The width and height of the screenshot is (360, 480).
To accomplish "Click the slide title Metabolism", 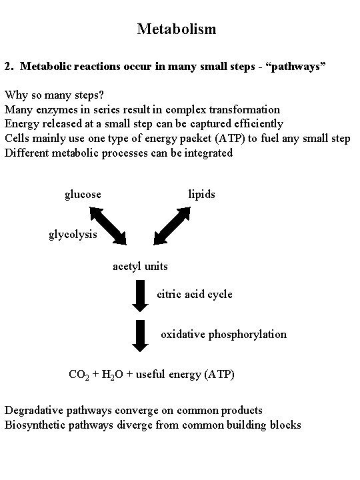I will coord(177,29).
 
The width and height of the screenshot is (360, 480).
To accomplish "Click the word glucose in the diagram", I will coord(83,195).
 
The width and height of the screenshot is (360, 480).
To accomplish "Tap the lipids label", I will coord(201,195).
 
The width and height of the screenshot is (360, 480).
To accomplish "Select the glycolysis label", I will coord(73,235).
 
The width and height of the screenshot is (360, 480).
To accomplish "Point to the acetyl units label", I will coord(139,267).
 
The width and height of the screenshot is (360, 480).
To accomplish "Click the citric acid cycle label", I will coord(195,294).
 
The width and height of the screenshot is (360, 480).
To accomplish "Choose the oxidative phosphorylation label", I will coord(223,334).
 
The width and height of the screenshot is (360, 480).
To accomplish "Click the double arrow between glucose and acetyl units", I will coord(108,226).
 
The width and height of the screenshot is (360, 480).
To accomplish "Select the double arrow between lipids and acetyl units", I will coord(172,226).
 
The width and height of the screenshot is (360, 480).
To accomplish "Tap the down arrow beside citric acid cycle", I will coord(140,296).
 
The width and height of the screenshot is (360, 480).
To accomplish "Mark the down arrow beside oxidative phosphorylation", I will coord(140,336).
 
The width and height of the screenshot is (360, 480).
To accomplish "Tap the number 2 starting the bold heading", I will coord(7,67).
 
